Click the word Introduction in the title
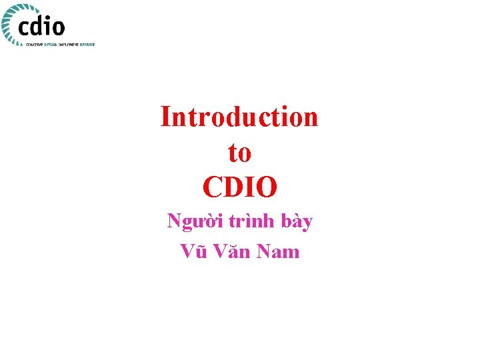coord(239,117)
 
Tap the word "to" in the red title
coord(239,153)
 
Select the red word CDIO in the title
coord(239,188)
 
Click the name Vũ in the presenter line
coord(194,251)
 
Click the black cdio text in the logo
coord(42,26)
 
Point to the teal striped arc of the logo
coord(8,23)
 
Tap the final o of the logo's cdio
coord(59,28)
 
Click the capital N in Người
coord(175,221)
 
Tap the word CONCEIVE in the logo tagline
coord(34,44)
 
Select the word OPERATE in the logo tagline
coord(87,44)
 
